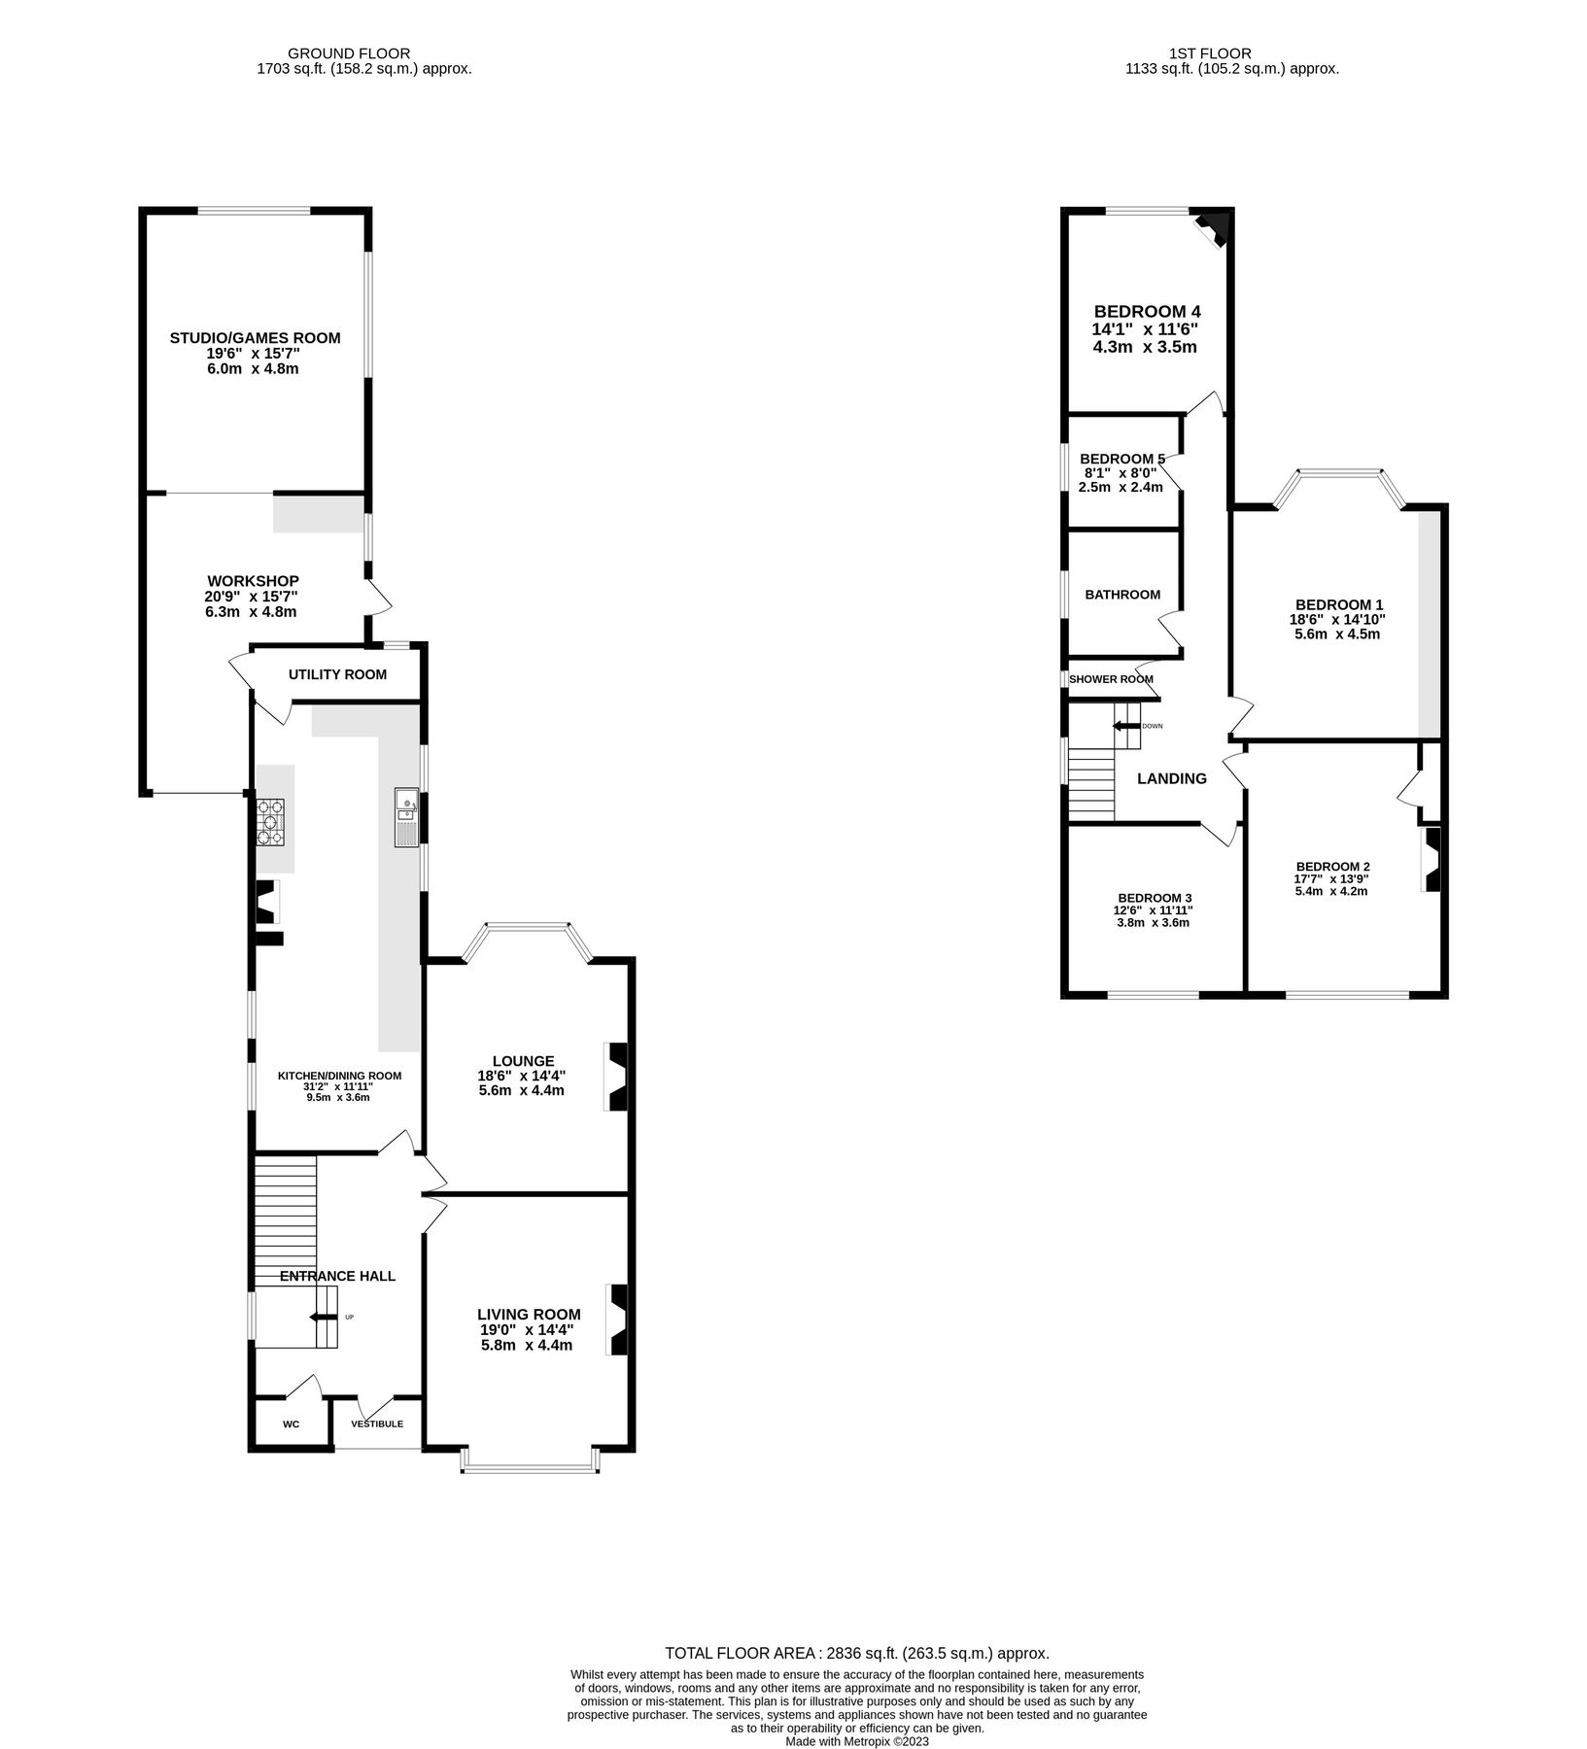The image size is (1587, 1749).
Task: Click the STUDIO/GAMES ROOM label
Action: pos(255,338)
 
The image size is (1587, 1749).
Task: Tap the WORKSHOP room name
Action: pos(252,581)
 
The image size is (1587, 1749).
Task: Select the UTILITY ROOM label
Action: pos(337,674)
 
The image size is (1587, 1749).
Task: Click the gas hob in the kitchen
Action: pos(270,822)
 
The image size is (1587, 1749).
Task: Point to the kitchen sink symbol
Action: pos(406,818)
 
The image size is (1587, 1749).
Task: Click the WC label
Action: pos(291,1424)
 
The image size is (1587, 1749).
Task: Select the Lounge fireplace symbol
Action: pos(618,1077)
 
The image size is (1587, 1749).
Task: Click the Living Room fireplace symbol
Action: pos(618,1320)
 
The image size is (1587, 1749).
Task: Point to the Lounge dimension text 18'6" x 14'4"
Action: pos(521,1076)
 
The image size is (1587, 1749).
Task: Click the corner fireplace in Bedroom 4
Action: pos(1213,229)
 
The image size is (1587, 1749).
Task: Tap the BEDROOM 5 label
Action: pos(1121,459)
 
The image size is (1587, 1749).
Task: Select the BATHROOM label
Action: pos(1122,595)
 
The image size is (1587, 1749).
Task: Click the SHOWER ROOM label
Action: pos(1111,679)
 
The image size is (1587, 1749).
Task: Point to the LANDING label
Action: pos(1172,778)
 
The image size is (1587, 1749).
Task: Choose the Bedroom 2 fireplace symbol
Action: pos(1432,860)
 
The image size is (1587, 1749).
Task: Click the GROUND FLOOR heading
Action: pos(349,53)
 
